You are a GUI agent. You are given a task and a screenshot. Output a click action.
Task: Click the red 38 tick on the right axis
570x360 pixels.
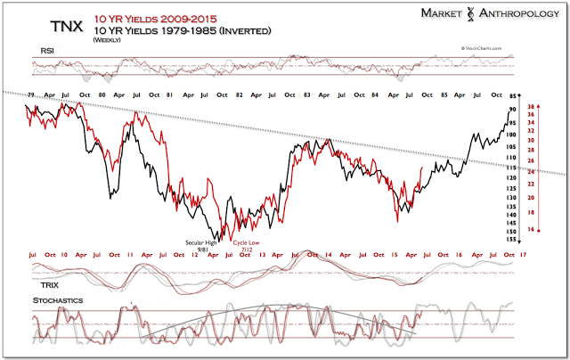pyautogui.click(x=530, y=106)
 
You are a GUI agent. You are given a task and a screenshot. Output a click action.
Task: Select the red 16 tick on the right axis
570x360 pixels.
pyautogui.click(x=530, y=230)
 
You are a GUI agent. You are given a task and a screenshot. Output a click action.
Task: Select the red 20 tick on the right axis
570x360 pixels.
pyautogui.click(x=530, y=197)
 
